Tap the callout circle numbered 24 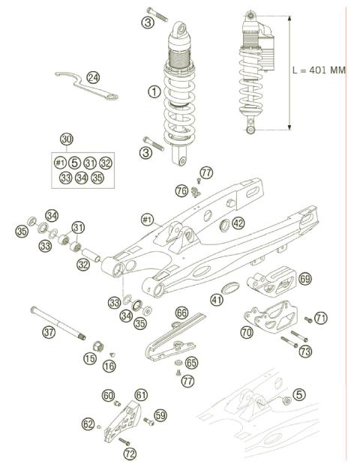coord(93,77)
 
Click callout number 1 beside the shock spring coord(154,92)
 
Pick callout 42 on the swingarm coord(238,223)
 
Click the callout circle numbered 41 coord(217,300)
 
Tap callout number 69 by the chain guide coord(304,278)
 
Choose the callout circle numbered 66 coord(181,312)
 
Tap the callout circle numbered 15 coord(90,360)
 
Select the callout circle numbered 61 coord(141,394)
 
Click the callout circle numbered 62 coord(88,425)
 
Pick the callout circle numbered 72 coord(130,454)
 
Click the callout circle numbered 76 coord(181,191)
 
